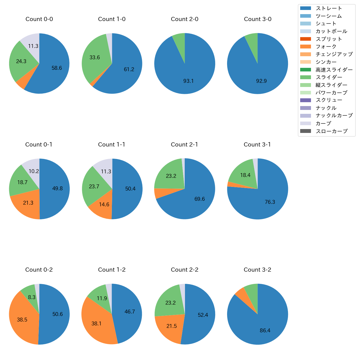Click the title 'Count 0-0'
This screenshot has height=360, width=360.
tap(39, 19)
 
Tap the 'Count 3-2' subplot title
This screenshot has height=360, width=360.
tap(257, 270)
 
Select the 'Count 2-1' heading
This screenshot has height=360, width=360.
tap(184, 145)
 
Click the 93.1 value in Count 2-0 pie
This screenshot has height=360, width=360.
tap(188, 81)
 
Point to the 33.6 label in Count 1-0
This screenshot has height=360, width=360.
tap(94, 58)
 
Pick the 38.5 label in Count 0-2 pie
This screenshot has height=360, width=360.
tap(22, 320)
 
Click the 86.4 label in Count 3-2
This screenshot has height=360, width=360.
tap(265, 330)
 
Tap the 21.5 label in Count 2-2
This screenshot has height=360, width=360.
tap(171, 326)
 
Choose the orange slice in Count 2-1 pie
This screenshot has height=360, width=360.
tap(159, 193)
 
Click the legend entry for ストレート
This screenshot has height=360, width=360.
tap(329, 8)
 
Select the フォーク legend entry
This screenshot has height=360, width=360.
tap(326, 47)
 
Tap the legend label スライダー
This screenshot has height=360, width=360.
tap(329, 77)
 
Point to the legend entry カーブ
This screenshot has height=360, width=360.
tap(323, 124)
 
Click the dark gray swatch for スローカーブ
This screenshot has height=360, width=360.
tap(306, 131)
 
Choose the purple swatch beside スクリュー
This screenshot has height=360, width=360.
tap(306, 100)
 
